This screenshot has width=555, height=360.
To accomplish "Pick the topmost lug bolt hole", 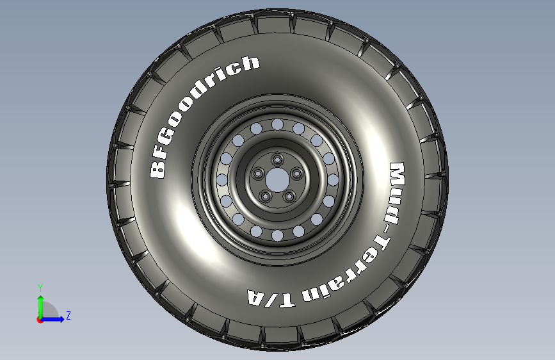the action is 278,159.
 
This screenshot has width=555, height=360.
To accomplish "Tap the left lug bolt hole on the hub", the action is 258,174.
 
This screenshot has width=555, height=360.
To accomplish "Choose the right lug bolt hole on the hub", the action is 296,174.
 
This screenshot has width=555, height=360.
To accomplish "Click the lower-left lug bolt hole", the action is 266,196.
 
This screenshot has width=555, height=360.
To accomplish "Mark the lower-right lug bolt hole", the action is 289,196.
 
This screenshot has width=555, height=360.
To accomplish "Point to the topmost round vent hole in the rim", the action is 278,124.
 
